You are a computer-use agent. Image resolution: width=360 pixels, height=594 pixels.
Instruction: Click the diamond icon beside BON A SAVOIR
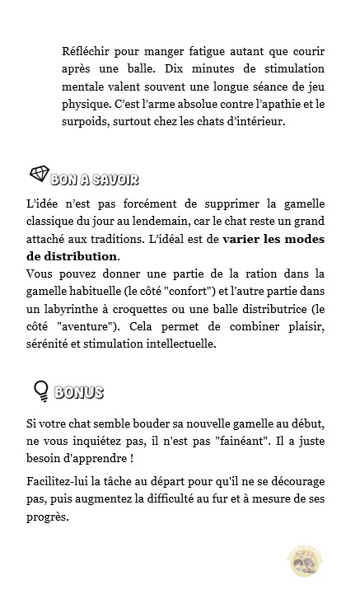[39, 175]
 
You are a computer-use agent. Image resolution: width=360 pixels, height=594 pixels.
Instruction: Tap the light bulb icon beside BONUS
[38, 390]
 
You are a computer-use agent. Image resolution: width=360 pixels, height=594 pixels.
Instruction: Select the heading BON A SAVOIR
[93, 179]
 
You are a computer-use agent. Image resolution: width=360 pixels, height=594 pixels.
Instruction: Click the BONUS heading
[79, 392]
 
